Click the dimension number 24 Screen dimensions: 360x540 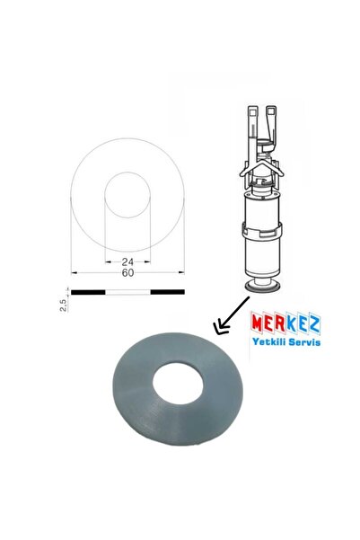(127, 261)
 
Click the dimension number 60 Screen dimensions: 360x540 (127, 273)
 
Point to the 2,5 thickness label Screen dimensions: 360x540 (64, 305)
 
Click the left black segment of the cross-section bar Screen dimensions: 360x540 (88, 292)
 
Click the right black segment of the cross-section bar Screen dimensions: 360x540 (168, 292)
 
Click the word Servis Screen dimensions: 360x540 (304, 342)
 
